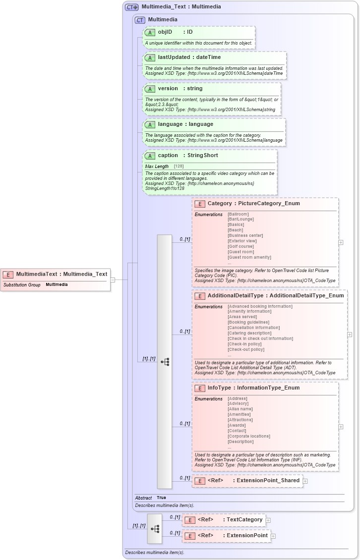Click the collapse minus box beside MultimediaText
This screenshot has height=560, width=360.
pyautogui.click(x=113, y=280)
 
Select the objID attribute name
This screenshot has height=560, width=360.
pyautogui.click(x=165, y=32)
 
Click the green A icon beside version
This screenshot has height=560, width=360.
pyautogui.click(x=150, y=89)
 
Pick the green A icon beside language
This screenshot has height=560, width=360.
pyautogui.click(x=150, y=124)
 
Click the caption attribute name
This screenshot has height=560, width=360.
pyautogui.click(x=168, y=156)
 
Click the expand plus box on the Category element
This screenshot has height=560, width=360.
pyautogui.click(x=341, y=242)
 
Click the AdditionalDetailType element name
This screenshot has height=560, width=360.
pyautogui.click(x=235, y=295)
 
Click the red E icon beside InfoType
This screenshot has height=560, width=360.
pyautogui.click(x=199, y=388)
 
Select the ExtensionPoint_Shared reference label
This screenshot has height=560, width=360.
pyautogui.click(x=268, y=480)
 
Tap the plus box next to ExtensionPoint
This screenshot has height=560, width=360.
pyautogui.click(x=273, y=536)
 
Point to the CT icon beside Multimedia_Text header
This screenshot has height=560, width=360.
pyautogui.click(x=131, y=7)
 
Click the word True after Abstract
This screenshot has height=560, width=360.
pyautogui.click(x=161, y=498)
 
